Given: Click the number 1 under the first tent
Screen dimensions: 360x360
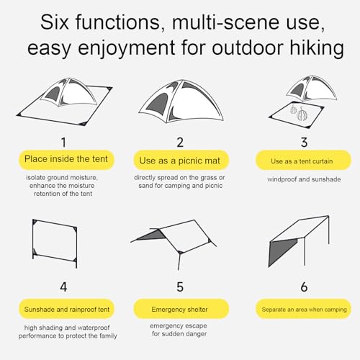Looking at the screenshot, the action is pos(63,143).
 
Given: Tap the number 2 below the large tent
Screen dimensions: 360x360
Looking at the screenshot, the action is pos(180,143).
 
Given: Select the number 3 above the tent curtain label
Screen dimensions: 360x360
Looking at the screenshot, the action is pos(304,143).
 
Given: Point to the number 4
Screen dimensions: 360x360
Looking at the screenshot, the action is pos(63,287).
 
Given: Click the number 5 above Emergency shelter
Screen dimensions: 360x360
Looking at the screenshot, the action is pos(180,287).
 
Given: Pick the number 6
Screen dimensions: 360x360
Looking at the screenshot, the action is pos(304,287).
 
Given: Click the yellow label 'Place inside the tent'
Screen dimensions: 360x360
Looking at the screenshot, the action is pos(66,160).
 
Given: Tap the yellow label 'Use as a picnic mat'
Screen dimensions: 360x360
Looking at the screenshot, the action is pos(181,160).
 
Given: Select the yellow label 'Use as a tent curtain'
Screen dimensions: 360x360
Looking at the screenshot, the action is pos(303,160).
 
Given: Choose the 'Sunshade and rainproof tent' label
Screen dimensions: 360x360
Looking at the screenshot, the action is pos(66,309).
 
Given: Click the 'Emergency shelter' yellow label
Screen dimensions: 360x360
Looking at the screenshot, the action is pos(181,309).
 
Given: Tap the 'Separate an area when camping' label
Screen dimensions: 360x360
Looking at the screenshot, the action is pos(303,309).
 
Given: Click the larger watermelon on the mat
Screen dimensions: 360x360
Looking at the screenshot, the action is pos(302,114).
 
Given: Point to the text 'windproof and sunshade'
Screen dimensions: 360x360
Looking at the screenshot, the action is pos(304,179).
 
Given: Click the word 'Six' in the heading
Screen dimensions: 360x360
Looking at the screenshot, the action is pos(55,22).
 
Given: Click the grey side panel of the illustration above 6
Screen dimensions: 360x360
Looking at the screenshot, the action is pos(282,251).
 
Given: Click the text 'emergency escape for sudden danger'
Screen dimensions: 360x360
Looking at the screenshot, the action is pos(179,330).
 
